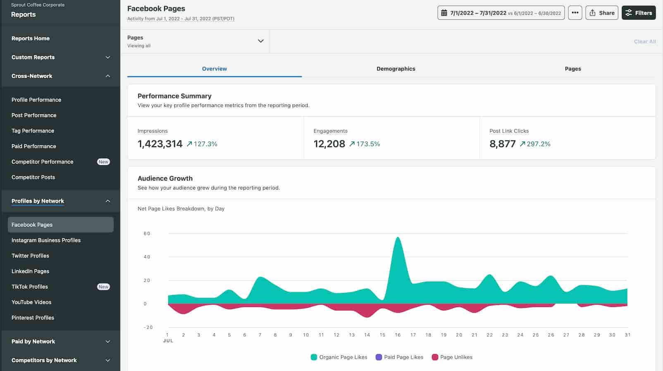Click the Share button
click(x=601, y=13)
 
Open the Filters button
click(x=639, y=13)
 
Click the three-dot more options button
click(x=575, y=13)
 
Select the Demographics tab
click(x=396, y=69)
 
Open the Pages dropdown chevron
click(x=260, y=41)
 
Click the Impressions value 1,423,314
click(x=160, y=144)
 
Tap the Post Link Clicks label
click(x=509, y=131)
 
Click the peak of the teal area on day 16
click(x=398, y=238)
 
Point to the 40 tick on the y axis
click(x=147, y=257)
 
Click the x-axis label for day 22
click(x=489, y=335)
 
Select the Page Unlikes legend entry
click(x=456, y=357)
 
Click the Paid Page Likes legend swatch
click(x=379, y=357)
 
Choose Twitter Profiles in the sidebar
click(x=30, y=256)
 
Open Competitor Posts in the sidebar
click(x=33, y=177)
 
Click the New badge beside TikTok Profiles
click(x=103, y=287)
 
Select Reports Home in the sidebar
click(x=31, y=38)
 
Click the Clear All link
click(x=644, y=41)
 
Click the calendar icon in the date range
click(x=444, y=13)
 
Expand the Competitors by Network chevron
click(x=108, y=360)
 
